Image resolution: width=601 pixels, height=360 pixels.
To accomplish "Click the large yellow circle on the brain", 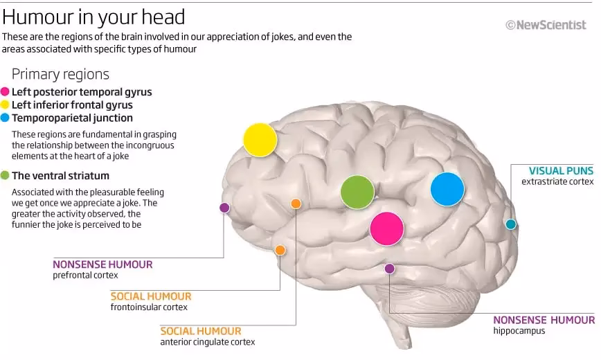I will point(260,140).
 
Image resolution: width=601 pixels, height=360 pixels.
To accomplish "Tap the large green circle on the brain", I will point(357,192).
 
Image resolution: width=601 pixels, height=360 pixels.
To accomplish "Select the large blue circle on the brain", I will point(447,189).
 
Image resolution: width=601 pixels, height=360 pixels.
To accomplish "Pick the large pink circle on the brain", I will point(386,228).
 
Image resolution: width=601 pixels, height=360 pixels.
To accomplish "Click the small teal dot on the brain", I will point(511,224).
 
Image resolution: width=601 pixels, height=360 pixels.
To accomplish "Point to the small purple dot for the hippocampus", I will point(389,269).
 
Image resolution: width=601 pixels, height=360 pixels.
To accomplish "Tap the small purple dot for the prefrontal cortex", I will point(224,207).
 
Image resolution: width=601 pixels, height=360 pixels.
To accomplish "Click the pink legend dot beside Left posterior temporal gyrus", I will point(6,92).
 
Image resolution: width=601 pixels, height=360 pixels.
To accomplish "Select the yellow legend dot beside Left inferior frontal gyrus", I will point(6,105).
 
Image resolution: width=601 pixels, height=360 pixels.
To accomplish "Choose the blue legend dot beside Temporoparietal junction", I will point(6,118).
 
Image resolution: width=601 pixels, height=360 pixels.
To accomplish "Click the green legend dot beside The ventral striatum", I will point(6,176).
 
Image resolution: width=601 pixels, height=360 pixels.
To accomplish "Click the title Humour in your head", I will point(93,16).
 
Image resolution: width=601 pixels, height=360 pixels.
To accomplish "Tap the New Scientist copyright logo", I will point(545,25).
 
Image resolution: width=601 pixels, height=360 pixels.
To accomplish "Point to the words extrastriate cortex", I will point(557,181).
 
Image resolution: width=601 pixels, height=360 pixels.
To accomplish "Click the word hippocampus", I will point(519,331).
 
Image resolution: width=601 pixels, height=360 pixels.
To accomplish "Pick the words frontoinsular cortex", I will point(149,307).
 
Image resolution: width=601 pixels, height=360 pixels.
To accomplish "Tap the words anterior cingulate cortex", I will point(207,342).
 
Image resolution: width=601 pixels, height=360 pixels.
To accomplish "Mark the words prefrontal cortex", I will point(85,275).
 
